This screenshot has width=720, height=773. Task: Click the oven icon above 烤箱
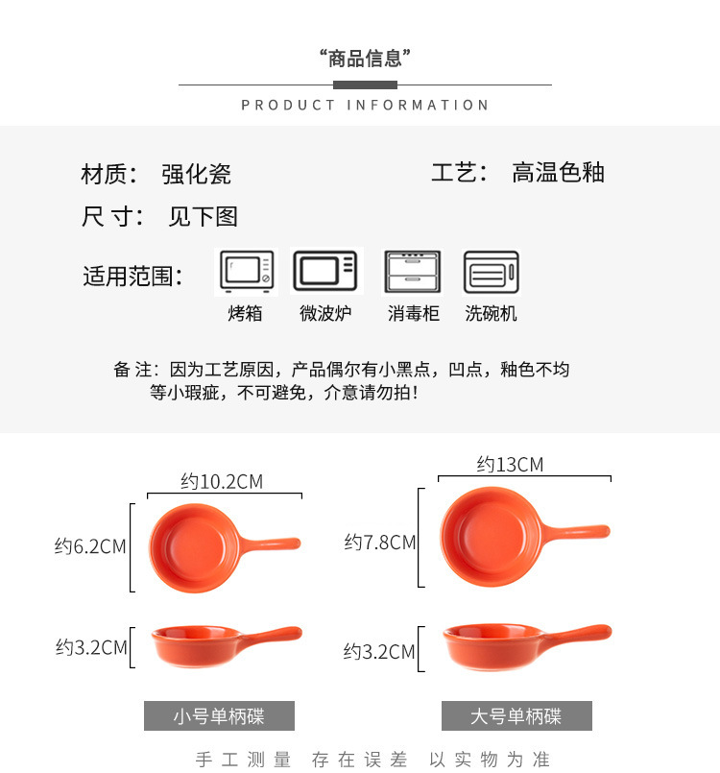tap(247, 273)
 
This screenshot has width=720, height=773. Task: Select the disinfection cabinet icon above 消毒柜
tap(413, 273)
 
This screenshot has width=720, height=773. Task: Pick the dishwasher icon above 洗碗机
tap(491, 273)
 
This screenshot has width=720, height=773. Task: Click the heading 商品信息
tap(365, 59)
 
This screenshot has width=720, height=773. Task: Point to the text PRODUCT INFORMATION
tap(365, 105)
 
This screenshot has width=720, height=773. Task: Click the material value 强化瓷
tap(197, 174)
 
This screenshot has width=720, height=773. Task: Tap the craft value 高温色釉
tap(558, 173)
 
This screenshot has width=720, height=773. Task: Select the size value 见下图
tap(203, 217)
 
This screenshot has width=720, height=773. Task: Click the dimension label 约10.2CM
tap(222, 481)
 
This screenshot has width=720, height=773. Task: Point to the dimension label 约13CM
tap(510, 465)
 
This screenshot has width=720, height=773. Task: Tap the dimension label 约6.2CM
tap(90, 546)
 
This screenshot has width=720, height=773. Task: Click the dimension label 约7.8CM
tap(380, 543)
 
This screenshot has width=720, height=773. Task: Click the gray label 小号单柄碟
tap(219, 716)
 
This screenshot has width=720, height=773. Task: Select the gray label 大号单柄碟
tap(516, 716)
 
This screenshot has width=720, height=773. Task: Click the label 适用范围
tap(132, 277)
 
